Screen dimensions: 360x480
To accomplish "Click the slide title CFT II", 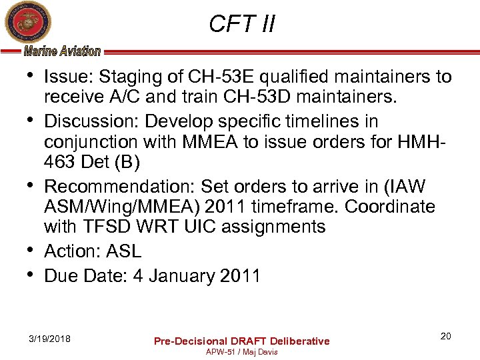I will pyautogui.click(x=241, y=25).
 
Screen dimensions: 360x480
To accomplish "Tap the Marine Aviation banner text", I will pyautogui.click(x=62, y=51).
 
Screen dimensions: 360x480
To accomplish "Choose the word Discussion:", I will pyautogui.click(x=92, y=121).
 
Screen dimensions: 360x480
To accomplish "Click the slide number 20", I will pyautogui.click(x=445, y=336).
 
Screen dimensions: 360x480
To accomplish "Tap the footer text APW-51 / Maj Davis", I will pyautogui.click(x=241, y=351).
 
